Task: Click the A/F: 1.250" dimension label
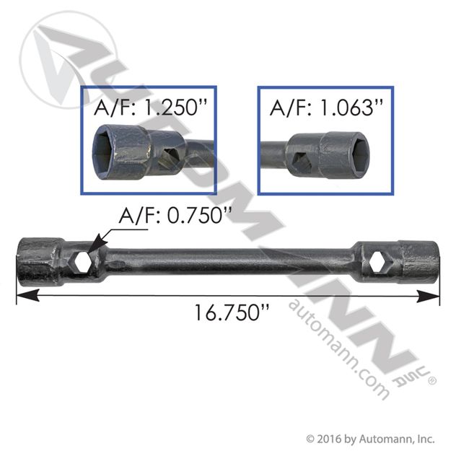(150, 107)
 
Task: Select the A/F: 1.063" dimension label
(326, 108)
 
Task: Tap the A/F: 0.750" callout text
(175, 215)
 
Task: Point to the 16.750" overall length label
(232, 312)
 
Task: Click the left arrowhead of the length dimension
(27, 296)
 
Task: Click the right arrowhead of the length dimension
(428, 297)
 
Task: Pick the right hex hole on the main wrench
(377, 262)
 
